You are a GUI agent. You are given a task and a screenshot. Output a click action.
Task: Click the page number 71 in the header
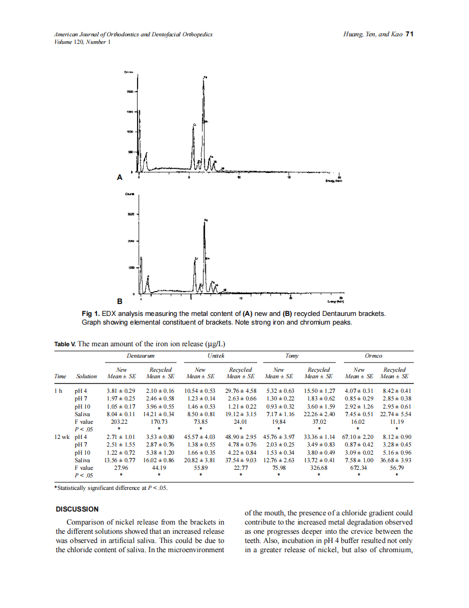[409, 34]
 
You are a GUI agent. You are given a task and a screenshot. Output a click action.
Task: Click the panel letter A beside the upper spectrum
[120, 177]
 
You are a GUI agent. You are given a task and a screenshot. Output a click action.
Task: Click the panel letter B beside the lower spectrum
[120, 301]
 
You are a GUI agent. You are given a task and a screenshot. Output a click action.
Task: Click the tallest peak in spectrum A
[204, 81]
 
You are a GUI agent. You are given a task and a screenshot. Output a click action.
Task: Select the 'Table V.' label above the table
[65, 344]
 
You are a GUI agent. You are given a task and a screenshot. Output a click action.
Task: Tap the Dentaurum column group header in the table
[141, 356]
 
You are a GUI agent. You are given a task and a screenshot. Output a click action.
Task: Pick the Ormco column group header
[374, 356]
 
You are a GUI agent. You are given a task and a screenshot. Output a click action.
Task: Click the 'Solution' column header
[87, 376]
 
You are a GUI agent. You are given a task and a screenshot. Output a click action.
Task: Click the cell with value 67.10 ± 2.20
[358, 436]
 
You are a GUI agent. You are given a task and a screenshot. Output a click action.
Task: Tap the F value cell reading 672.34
[358, 468]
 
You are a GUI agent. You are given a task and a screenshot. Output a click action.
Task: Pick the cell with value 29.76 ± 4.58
[240, 390]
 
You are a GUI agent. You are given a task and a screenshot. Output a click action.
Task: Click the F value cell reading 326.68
[319, 468]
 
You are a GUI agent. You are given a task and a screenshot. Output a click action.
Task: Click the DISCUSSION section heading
[77, 509]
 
